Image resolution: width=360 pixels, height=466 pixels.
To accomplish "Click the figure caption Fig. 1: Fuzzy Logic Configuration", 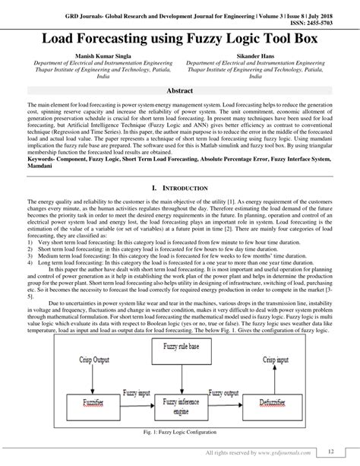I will pyautogui.click(x=181, y=433).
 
